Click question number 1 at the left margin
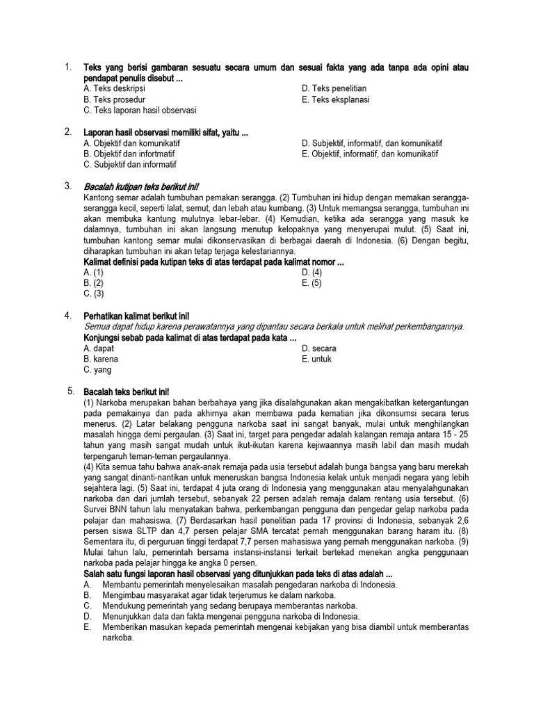point(67,67)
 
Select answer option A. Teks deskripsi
point(114,89)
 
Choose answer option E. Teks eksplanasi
point(336,99)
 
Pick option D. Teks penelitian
point(334,89)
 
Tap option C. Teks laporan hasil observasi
point(140,110)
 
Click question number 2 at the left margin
point(67,132)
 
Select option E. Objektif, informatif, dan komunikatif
point(372,154)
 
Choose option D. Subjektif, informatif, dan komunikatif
point(372,143)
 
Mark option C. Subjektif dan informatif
point(130,165)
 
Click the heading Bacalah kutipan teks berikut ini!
point(141,187)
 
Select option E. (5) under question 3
point(312,284)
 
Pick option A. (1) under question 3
point(93,273)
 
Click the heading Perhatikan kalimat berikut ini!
point(136,316)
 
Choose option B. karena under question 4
point(101,359)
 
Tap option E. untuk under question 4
point(317,359)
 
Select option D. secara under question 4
point(319,348)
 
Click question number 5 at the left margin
point(71,391)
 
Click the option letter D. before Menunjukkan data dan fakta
point(87,617)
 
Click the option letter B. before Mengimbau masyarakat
point(87,596)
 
